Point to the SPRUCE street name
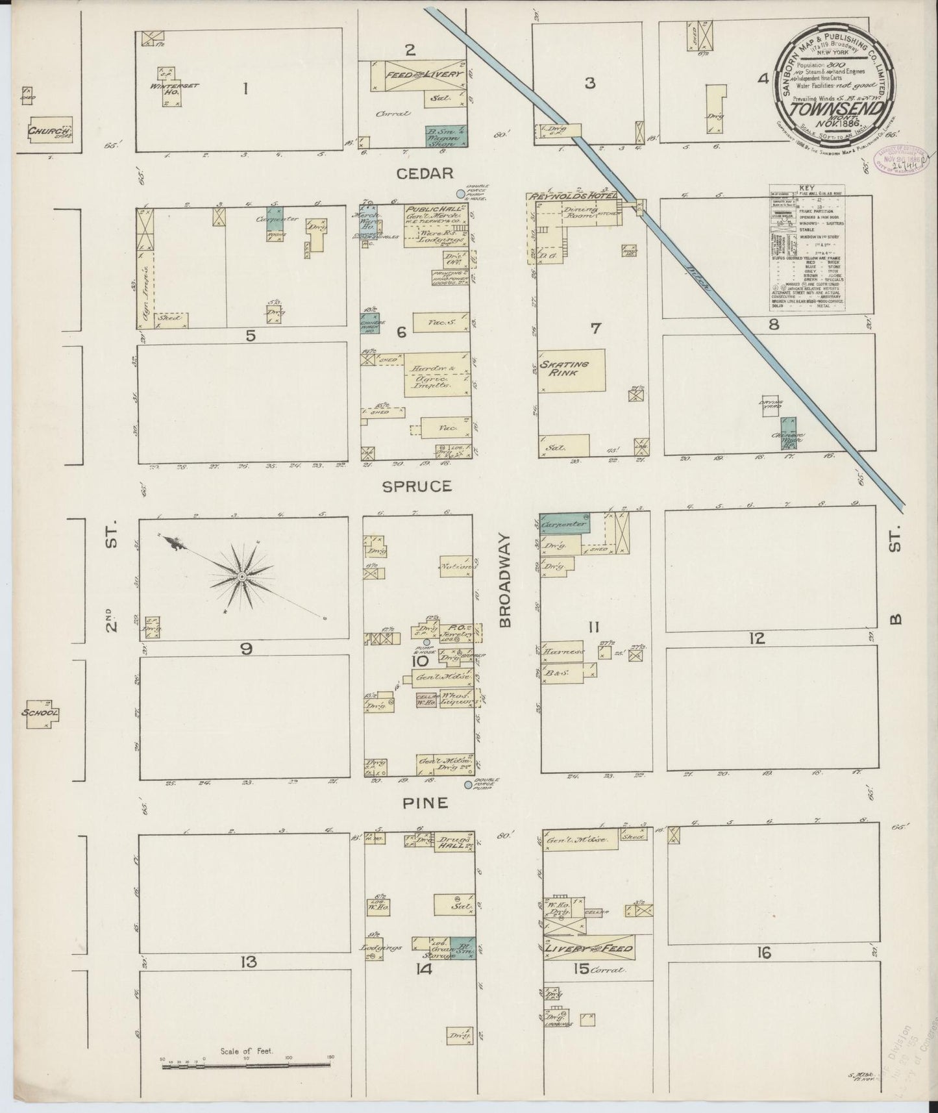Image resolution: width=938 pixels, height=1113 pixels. (x=426, y=486)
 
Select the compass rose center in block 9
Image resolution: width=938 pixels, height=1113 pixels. (x=241, y=577)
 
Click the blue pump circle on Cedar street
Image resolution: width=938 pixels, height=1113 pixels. (x=461, y=194)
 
